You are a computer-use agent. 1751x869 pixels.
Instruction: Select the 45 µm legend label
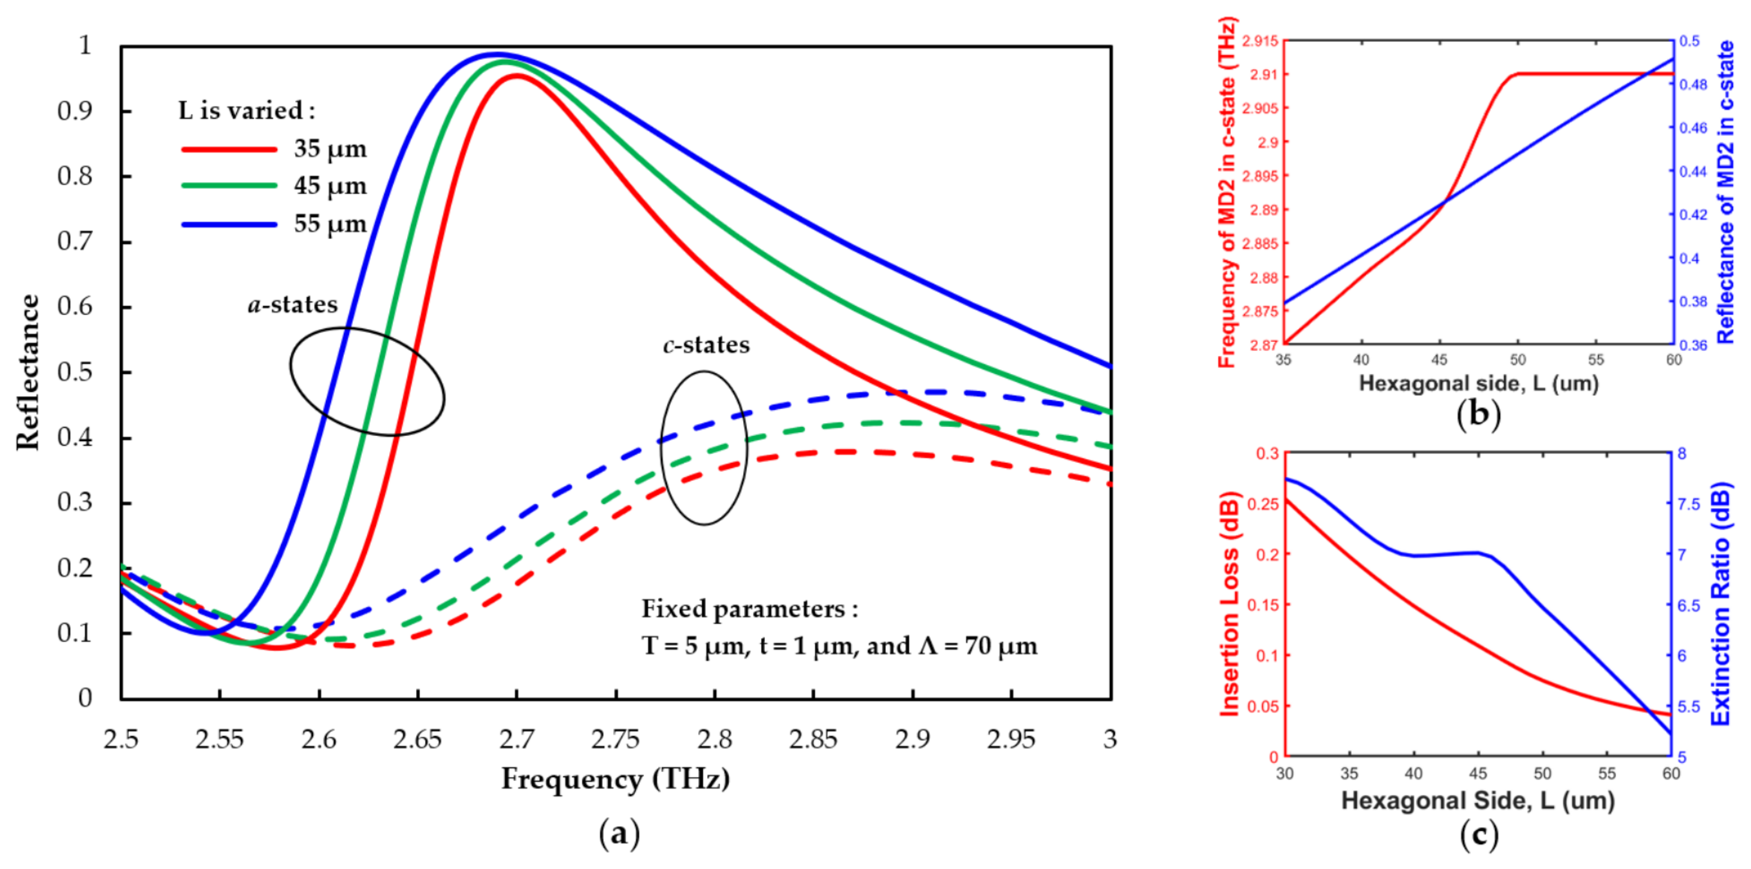[x=330, y=185]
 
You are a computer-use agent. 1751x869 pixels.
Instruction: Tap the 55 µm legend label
[x=330, y=224]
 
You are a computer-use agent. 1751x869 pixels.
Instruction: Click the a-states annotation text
[x=292, y=304]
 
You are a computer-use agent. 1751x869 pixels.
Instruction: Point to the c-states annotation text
[x=706, y=345]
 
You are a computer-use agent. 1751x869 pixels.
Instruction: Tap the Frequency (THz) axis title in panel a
[x=615, y=779]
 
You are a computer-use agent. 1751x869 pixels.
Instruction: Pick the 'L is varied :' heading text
[x=247, y=110]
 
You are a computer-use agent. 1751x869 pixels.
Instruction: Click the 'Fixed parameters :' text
[x=750, y=609]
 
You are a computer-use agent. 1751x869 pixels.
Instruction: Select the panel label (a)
[x=619, y=834]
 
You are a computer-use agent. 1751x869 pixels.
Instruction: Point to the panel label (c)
[x=1478, y=834]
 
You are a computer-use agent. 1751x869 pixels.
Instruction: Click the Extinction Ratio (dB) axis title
[x=1720, y=604]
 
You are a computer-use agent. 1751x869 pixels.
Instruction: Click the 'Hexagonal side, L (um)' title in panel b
[x=1478, y=384]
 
